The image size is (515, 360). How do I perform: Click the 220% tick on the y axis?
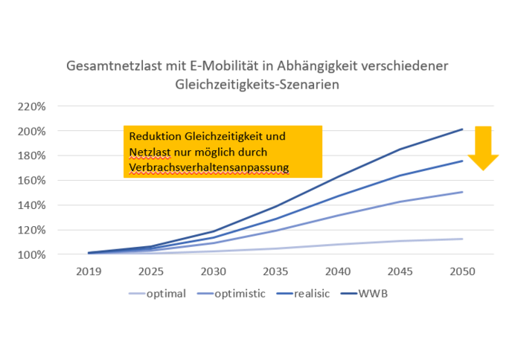point(32,106)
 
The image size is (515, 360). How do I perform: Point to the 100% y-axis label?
point(32,254)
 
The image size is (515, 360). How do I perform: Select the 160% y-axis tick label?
point(32,181)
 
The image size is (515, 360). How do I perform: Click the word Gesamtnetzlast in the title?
point(112,66)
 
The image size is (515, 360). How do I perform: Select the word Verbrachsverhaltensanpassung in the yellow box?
point(208,168)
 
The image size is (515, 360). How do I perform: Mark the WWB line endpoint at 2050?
point(462,129)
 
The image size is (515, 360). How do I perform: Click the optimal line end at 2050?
point(462,239)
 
